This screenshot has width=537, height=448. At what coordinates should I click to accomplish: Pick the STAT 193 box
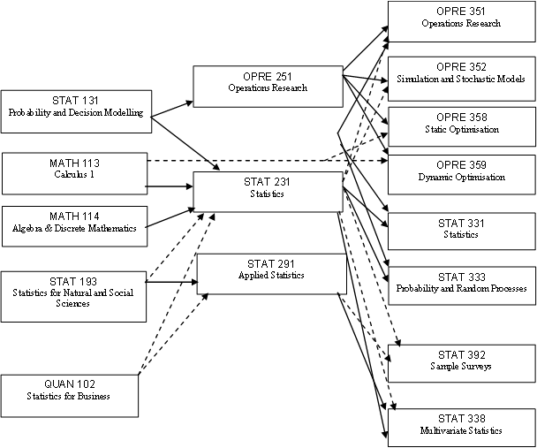tap(74, 291)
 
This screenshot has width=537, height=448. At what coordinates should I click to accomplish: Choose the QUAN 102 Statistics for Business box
tap(71, 395)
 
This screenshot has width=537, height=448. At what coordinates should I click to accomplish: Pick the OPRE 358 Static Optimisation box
tap(460, 124)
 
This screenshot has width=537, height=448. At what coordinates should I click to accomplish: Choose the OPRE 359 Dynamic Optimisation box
tap(460, 171)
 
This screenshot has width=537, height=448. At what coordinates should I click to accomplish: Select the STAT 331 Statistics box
tap(460, 229)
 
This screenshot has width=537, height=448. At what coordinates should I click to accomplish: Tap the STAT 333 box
tap(460, 283)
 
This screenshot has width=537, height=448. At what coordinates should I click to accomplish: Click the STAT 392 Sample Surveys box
tap(460, 360)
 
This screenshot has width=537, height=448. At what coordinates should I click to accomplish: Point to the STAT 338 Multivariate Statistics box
tap(460, 425)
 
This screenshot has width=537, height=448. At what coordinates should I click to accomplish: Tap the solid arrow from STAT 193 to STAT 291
tap(171, 283)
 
